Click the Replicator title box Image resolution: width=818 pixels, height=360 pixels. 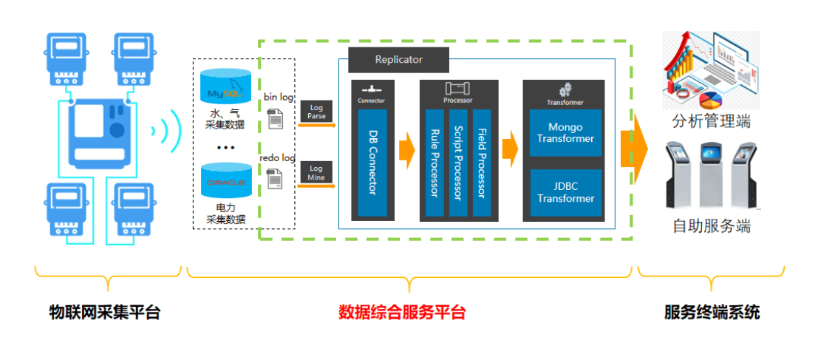398,59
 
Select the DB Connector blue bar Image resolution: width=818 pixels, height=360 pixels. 372,163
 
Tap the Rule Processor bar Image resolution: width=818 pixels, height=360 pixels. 434,163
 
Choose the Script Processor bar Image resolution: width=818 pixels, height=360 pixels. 458,163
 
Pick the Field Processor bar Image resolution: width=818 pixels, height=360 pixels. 482,163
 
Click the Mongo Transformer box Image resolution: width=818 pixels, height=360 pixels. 565,133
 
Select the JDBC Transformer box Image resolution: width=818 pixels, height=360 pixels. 565,193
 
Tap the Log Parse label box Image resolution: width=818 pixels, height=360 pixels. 316,112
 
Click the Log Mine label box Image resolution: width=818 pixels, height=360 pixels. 316,173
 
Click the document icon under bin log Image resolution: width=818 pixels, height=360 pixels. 274,118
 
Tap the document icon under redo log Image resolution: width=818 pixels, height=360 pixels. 274,178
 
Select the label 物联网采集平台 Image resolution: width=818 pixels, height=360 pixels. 104,312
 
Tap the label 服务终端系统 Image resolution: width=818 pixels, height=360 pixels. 712,312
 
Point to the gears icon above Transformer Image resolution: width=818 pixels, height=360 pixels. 565,89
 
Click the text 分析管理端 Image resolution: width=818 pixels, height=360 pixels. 711,121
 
